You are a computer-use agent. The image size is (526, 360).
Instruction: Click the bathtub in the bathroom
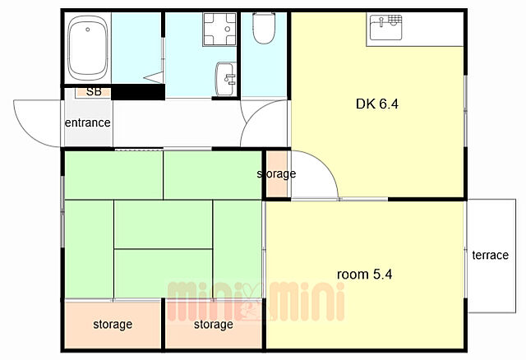point(88,48)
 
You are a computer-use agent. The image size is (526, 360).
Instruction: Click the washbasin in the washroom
point(226,79)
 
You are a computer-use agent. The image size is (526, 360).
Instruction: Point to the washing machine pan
point(219,30)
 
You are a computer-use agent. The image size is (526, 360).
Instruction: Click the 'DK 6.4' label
point(377,104)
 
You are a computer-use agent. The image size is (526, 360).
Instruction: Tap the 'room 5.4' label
point(364,275)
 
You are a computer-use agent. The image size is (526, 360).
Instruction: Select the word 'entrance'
point(88,122)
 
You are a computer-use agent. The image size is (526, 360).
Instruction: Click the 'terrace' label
point(490,256)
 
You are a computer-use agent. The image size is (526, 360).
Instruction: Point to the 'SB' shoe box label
point(94,91)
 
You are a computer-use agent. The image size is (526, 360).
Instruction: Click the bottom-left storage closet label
point(113,325)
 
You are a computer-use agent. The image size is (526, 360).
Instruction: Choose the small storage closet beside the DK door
point(277,174)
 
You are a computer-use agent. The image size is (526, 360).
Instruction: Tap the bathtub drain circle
point(88,30)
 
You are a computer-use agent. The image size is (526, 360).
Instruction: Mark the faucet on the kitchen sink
point(381,21)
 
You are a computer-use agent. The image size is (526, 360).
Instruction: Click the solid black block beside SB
point(138,92)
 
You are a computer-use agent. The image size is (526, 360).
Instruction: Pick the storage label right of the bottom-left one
point(214,325)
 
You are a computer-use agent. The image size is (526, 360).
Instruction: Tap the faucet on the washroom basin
point(230,79)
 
